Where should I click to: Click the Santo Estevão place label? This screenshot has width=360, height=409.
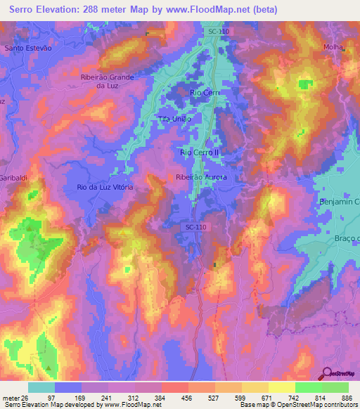(x=29, y=48)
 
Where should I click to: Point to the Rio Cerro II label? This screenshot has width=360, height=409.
(x=200, y=151)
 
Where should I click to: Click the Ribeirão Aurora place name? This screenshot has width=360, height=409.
(x=200, y=178)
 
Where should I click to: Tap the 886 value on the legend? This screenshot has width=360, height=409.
(x=346, y=398)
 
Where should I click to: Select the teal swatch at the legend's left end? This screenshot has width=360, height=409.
(x=41, y=387)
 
